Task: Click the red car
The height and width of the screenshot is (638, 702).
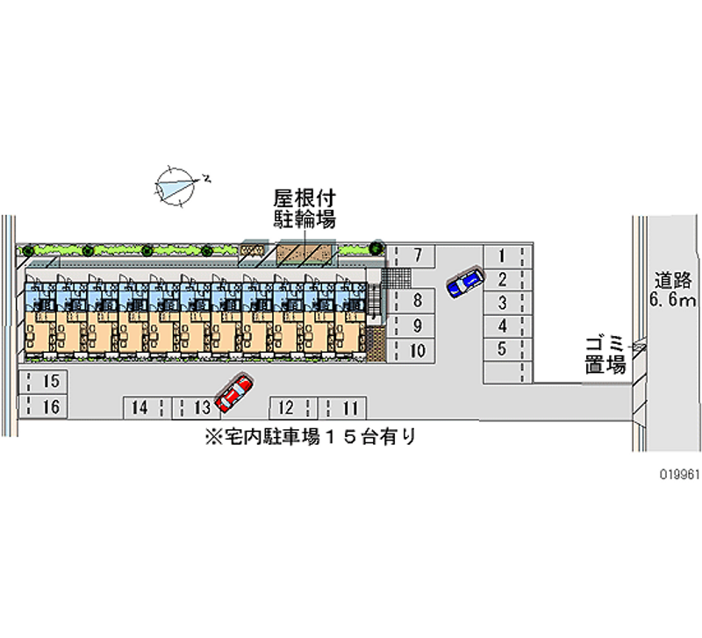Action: click(233, 395)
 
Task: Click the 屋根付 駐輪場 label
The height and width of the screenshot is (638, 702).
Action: click(304, 209)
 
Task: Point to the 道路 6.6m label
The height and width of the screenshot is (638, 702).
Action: click(672, 290)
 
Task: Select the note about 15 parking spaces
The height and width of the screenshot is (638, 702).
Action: click(308, 435)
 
